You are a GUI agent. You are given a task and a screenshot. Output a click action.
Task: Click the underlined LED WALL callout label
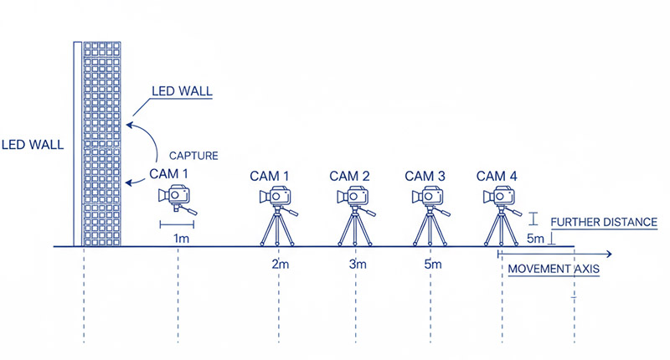pos(182,90)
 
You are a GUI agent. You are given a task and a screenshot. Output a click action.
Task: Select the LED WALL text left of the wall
pos(32,144)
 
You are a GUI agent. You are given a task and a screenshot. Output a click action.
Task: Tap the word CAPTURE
pos(194,156)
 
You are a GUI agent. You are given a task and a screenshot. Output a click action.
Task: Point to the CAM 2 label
pos(349,176)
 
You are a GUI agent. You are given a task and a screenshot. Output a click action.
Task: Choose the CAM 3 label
pos(425,176)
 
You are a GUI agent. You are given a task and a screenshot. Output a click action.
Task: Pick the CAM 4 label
pos(497,176)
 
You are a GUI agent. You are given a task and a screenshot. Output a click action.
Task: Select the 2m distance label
pos(280,265)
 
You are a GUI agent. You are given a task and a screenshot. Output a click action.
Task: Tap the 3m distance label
pos(358,265)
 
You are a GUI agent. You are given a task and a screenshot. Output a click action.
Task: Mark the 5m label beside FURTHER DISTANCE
pos(535,239)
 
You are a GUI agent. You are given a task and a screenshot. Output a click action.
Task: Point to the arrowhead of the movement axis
pos(610,253)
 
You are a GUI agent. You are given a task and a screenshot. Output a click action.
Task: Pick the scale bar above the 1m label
pos(178,224)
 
